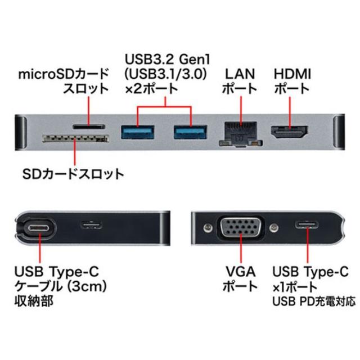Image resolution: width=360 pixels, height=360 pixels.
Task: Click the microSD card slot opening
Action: point(89,126)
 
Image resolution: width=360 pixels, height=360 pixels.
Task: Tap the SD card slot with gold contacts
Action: point(75,138)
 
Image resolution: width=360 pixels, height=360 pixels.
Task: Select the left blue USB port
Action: point(137,132)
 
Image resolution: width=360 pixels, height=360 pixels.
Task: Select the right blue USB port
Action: point(190,132)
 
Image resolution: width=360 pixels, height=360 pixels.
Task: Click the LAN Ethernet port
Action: point(240,134)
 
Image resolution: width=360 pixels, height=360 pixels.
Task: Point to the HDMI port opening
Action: point(290,132)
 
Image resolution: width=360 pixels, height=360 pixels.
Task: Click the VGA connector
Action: point(241,227)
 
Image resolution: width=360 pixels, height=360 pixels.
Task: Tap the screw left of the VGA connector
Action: point(208,227)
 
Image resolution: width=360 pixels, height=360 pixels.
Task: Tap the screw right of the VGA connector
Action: point(274,227)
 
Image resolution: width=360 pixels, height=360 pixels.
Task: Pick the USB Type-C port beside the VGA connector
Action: point(307,225)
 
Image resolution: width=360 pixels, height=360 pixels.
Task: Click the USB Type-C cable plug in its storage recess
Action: point(39,228)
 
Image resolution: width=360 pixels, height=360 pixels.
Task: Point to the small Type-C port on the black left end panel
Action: point(91,225)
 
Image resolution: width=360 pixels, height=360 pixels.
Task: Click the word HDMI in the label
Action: point(292,74)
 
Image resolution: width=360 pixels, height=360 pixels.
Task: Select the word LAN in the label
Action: point(240,74)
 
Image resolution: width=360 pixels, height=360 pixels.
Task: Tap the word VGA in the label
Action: point(241,272)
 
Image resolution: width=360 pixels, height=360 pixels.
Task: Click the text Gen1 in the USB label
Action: point(195,59)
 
